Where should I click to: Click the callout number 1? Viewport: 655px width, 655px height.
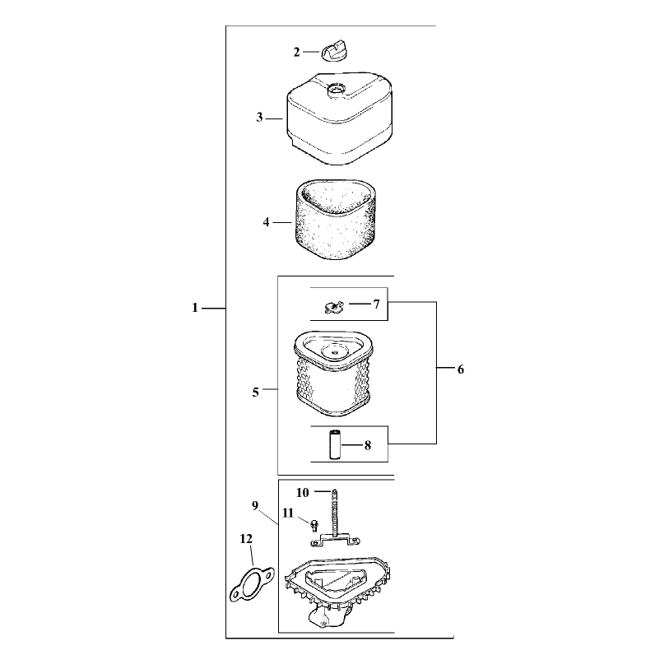click(195, 308)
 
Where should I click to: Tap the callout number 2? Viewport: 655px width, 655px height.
click(296, 52)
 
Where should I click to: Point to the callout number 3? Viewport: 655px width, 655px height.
click(259, 118)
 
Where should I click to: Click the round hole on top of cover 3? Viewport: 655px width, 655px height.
click(337, 90)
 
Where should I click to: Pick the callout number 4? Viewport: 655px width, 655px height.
click(266, 222)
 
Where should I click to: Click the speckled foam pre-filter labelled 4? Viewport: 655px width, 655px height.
click(334, 219)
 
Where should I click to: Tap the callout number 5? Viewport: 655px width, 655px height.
click(255, 393)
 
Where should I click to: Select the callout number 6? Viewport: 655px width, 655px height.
click(460, 369)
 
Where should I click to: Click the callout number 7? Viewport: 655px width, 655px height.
click(376, 304)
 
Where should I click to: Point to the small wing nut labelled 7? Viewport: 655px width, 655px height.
click(333, 308)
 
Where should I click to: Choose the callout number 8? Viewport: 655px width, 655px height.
click(368, 445)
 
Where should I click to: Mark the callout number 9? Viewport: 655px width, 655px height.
click(255, 506)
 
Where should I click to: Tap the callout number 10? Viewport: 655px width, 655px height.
click(303, 493)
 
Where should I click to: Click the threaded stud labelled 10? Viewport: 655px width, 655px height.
click(335, 513)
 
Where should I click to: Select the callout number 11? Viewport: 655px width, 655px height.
click(288, 513)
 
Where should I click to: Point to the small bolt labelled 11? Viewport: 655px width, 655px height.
click(314, 526)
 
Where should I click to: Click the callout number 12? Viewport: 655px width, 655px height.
click(246, 539)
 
